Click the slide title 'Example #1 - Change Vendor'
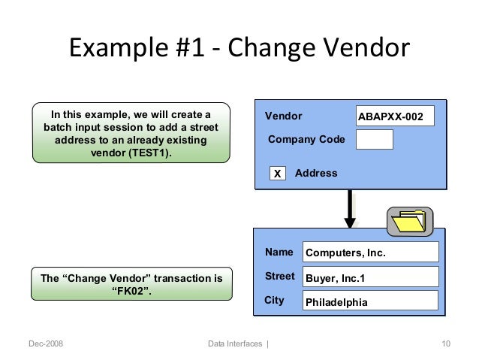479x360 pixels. [239, 50]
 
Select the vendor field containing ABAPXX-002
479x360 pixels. [395, 116]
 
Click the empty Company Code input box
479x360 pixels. [374, 139]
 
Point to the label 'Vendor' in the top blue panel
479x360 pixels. [284, 116]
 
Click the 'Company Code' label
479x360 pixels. [306, 139]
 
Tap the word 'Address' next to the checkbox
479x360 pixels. [316, 173]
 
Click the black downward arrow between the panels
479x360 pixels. [350, 207]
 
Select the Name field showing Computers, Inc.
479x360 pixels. [370, 253]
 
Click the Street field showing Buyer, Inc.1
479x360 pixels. [370, 277]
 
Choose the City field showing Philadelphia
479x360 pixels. [370, 302]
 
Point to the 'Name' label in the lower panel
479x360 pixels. [279, 253]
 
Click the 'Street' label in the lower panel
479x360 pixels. [280, 277]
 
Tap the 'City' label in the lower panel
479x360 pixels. [275, 300]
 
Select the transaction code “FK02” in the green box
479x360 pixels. [131, 291]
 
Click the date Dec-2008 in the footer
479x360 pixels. [46, 344]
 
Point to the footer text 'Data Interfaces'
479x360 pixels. [235, 344]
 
